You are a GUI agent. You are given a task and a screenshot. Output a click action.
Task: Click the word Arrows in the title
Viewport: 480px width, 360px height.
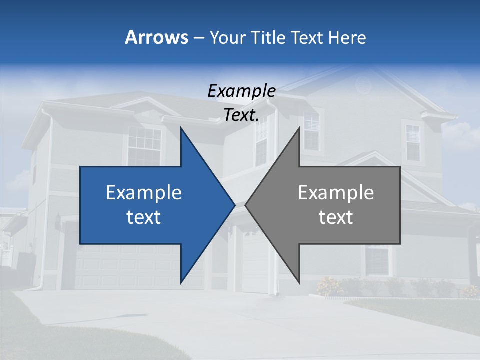click(x=156, y=37)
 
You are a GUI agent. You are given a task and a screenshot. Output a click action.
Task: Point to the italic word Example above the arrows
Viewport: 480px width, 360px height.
click(x=242, y=91)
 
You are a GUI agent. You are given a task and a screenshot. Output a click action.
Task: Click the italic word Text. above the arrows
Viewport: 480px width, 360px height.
click(x=242, y=115)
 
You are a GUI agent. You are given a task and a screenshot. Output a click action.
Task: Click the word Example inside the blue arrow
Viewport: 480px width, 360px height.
click(x=144, y=193)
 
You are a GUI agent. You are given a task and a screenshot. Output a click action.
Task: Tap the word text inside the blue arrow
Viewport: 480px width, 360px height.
click(x=144, y=217)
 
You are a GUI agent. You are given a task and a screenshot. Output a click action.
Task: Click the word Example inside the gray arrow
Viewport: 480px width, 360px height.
click(x=336, y=193)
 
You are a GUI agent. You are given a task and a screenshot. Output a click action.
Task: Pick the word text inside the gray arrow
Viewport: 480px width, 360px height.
click(x=336, y=217)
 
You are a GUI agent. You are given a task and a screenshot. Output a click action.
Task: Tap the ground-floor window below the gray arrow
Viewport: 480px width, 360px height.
click(x=377, y=260)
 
